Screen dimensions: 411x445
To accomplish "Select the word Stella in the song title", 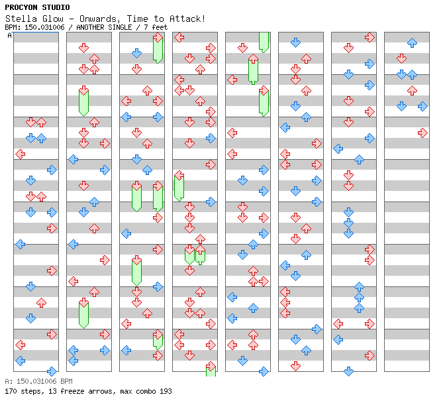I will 20,19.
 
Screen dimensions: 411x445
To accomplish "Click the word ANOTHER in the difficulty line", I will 94,27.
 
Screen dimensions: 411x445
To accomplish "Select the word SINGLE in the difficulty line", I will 126,27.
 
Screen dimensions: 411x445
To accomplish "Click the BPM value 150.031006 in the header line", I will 48,27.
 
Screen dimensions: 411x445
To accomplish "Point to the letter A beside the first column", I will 9,36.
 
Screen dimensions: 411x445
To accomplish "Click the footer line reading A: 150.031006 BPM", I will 38,382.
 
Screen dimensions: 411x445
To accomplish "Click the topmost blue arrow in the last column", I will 412,42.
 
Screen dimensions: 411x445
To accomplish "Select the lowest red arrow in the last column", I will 422,133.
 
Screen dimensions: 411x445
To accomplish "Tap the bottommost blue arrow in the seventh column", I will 348,371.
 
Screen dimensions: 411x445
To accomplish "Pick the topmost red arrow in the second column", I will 83,48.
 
